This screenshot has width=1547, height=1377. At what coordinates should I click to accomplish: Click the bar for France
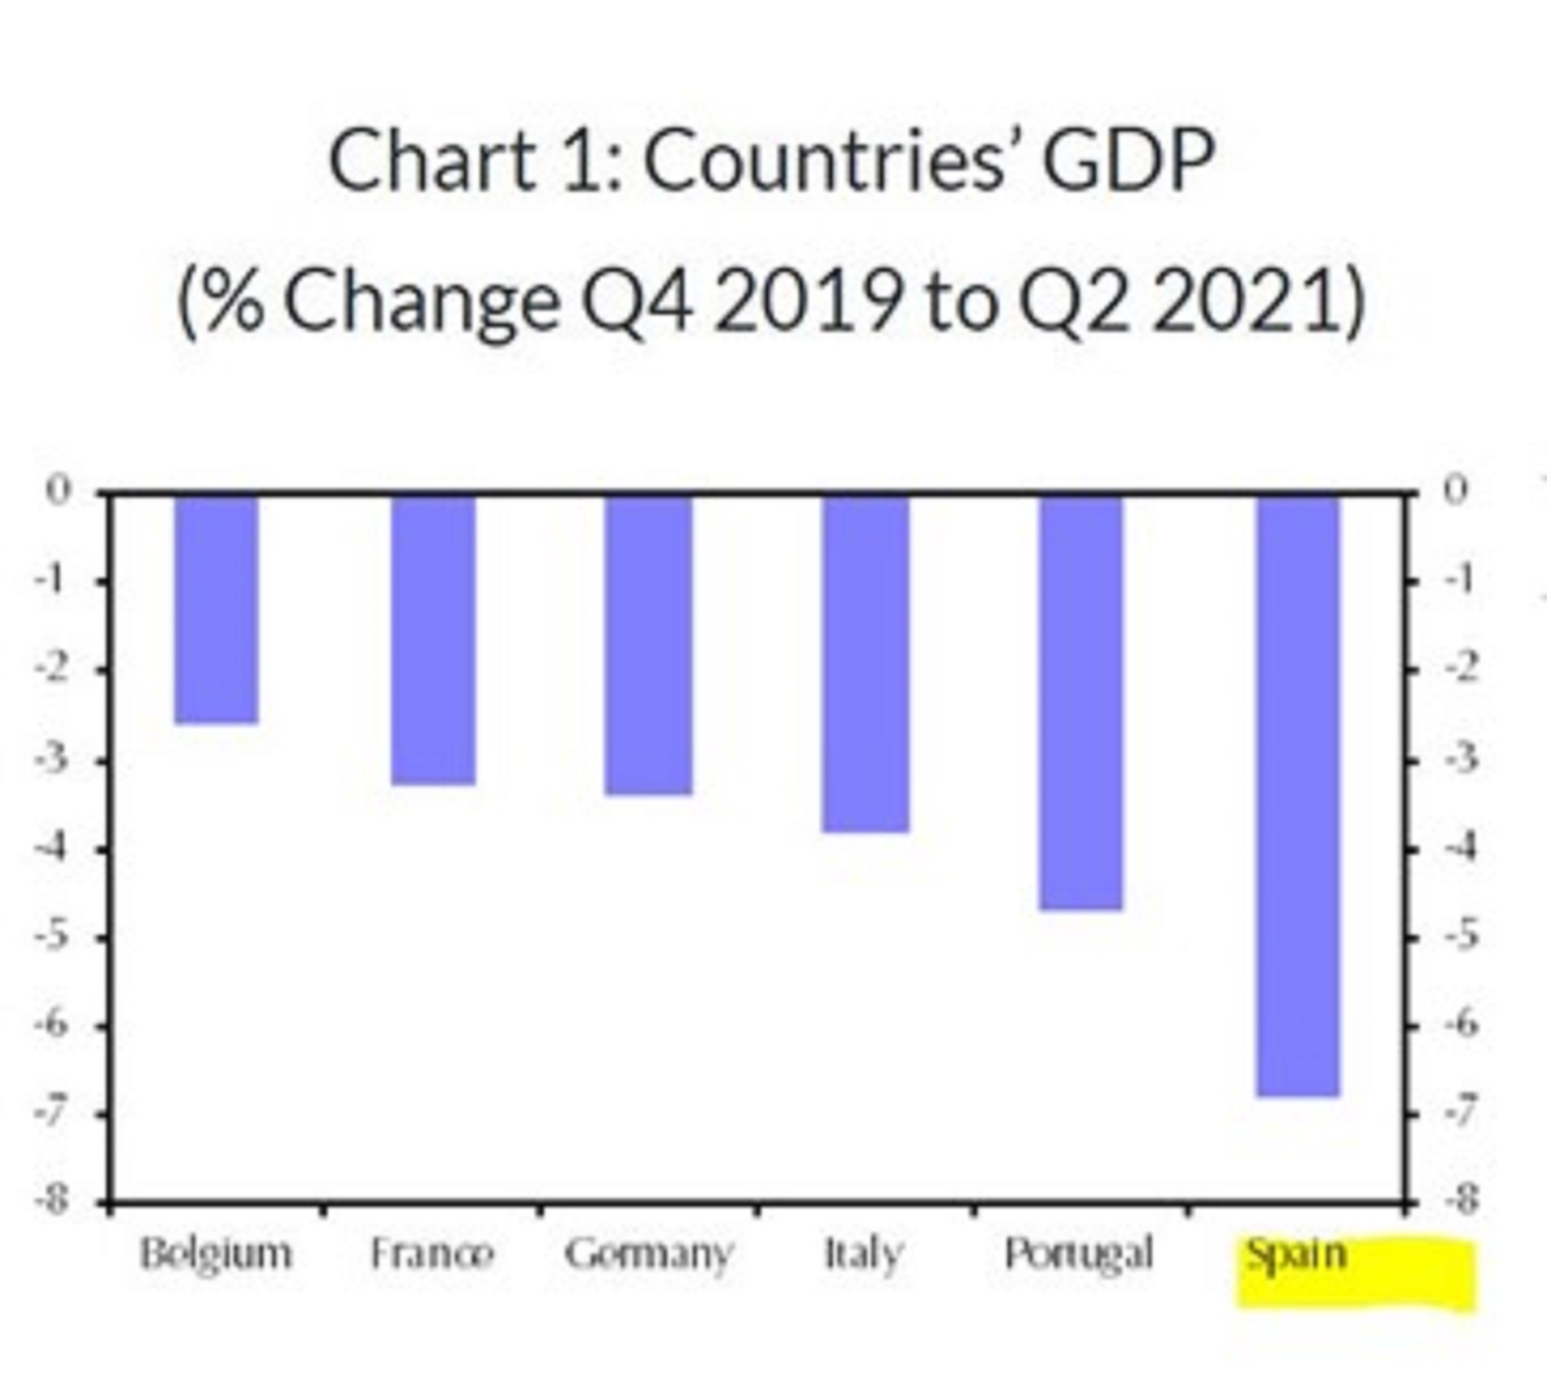[433, 639]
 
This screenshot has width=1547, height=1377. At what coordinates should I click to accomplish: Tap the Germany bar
[649, 644]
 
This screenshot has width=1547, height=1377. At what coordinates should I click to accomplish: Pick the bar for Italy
[866, 663]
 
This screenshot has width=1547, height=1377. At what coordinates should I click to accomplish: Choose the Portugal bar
[1081, 701]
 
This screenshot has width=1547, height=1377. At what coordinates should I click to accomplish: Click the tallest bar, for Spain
[1298, 795]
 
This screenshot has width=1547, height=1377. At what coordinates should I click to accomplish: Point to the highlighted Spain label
[1297, 1255]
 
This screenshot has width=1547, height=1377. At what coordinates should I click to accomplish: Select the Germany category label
[649, 1255]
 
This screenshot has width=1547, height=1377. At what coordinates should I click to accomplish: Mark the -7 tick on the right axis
[1461, 1113]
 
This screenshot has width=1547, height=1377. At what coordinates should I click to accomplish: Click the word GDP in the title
[1129, 160]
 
